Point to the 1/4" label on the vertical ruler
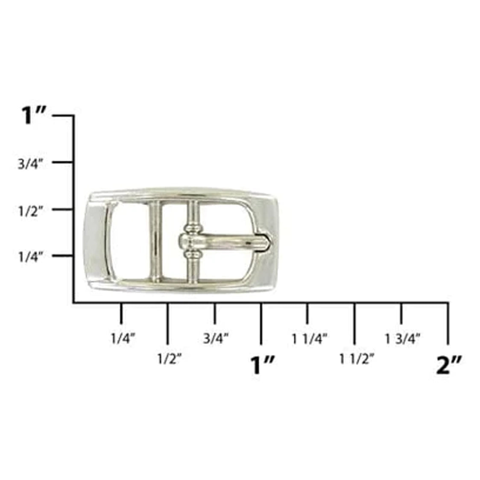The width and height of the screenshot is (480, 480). [31, 257]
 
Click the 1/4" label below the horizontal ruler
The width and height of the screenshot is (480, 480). [123, 339]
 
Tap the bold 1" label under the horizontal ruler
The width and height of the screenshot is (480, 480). [262, 365]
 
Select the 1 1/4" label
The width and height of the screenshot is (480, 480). [310, 339]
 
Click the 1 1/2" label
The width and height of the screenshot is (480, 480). [357, 359]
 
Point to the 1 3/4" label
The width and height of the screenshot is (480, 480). [403, 339]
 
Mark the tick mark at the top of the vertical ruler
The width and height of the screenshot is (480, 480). [64, 116]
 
